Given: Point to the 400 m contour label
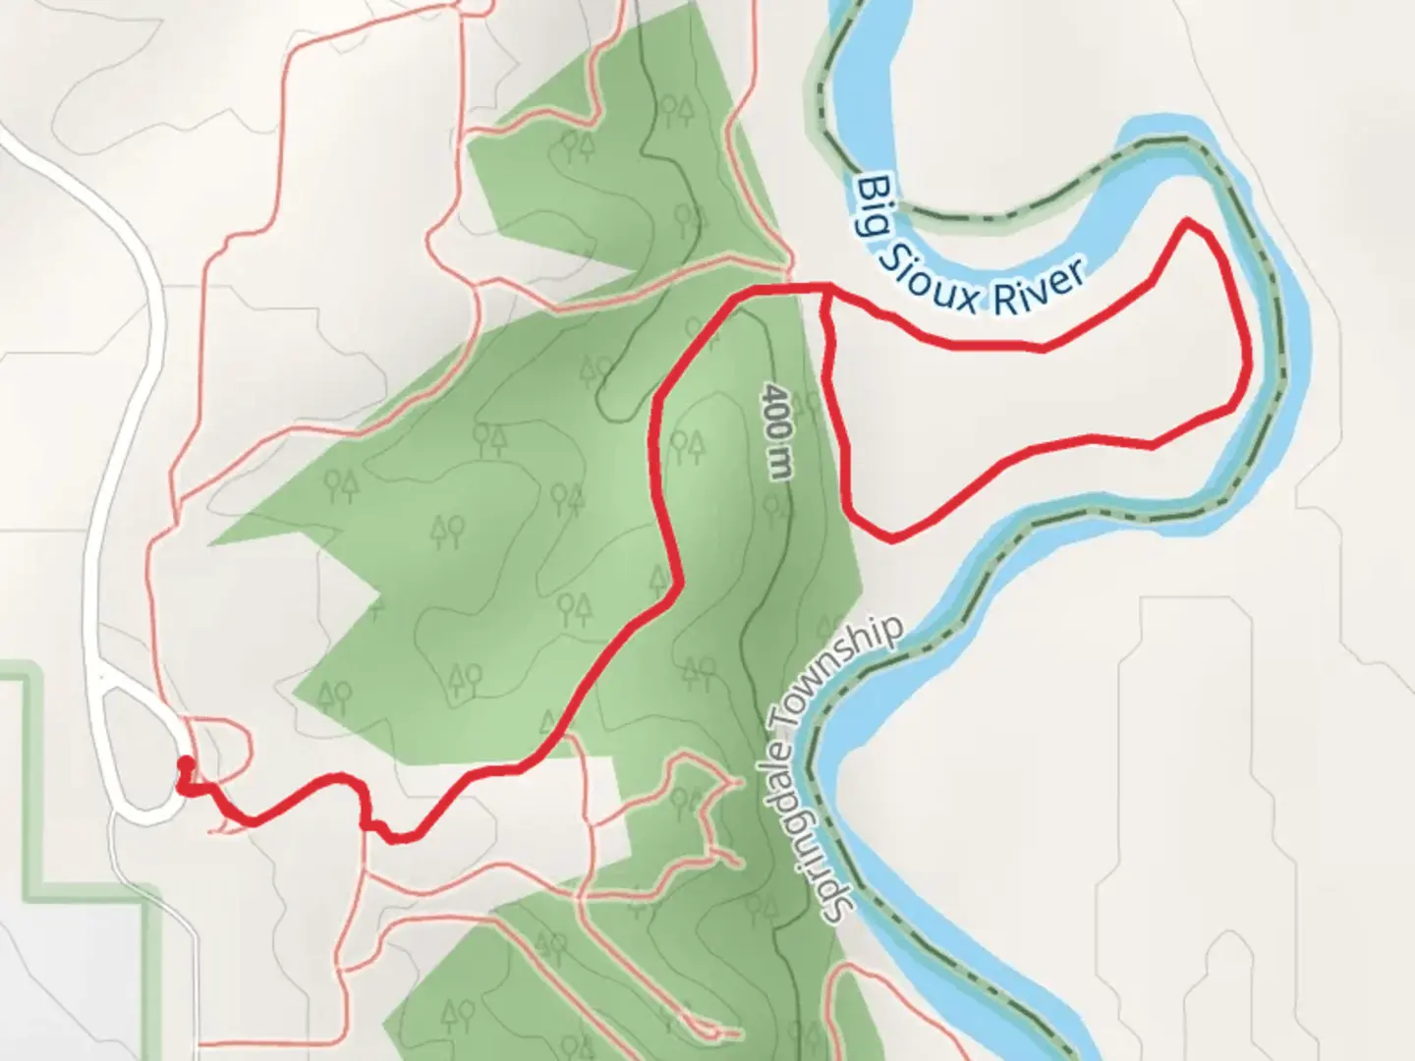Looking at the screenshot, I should (x=776, y=431).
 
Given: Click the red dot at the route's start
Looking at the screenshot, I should (x=184, y=764).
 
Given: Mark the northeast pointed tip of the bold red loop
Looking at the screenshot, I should (x=1190, y=221).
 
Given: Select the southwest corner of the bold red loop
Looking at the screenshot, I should (x=890, y=538).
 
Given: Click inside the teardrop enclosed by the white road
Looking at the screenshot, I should (x=139, y=747).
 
